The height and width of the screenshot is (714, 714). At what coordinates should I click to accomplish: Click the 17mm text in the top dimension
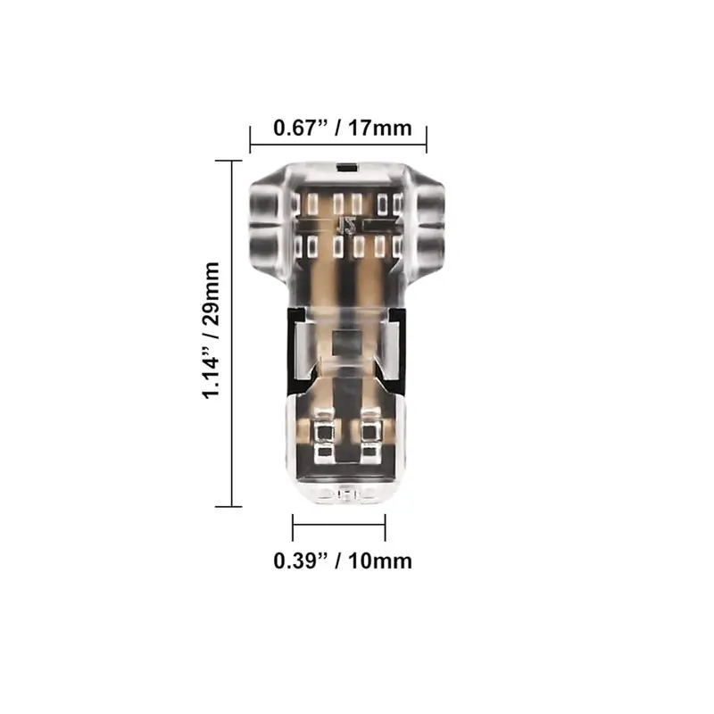380,128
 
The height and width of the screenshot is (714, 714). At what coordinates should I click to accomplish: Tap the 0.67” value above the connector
301,128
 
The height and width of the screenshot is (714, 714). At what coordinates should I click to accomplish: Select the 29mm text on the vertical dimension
211,294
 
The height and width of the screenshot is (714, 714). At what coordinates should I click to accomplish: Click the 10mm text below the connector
380,561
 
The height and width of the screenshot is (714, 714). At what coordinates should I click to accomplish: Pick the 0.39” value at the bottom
301,561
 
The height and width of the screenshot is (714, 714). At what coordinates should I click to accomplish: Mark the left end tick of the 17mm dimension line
250,140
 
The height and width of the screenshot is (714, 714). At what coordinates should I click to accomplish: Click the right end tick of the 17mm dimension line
427,140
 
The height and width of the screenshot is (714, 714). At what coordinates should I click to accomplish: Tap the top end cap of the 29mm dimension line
228,161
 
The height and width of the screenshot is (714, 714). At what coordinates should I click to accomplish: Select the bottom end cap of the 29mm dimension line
228,506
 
